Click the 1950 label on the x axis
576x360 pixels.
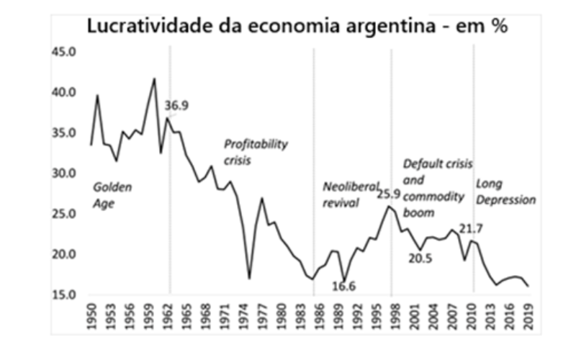[91, 315]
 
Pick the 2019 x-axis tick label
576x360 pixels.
[529, 315]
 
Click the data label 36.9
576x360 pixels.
[179, 106]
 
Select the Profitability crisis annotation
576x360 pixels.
[256, 151]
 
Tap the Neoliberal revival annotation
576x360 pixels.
[350, 194]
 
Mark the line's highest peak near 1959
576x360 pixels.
[154, 78]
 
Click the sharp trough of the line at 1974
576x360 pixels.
[249, 278]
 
